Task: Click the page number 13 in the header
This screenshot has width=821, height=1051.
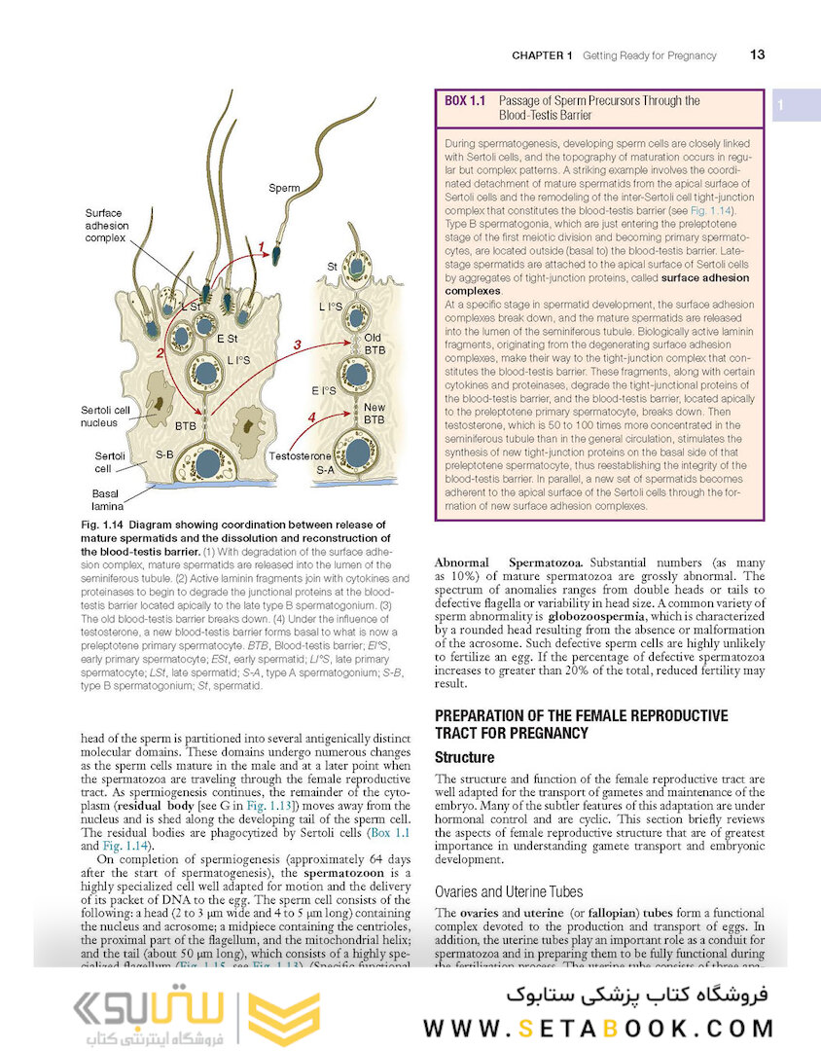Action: (x=757, y=55)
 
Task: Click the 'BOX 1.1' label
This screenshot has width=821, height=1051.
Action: (x=465, y=101)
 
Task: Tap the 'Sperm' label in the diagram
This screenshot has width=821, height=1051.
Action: (x=284, y=187)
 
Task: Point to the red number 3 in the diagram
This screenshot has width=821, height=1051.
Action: (x=299, y=344)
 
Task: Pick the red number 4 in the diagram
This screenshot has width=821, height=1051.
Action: (x=311, y=417)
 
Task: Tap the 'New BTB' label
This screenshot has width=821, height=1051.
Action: (x=374, y=413)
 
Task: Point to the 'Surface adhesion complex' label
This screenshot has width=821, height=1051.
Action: (x=107, y=225)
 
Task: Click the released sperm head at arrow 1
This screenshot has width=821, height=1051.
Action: (x=276, y=257)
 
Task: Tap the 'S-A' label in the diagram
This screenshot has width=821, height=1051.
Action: (x=325, y=470)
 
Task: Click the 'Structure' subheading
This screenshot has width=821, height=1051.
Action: (x=464, y=757)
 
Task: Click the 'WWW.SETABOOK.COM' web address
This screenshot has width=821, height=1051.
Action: (x=598, y=1028)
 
